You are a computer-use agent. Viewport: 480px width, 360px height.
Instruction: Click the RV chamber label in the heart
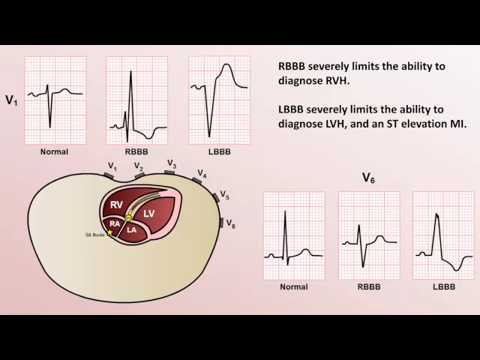click(x=116, y=205)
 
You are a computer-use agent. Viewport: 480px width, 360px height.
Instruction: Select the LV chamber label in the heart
click(x=148, y=214)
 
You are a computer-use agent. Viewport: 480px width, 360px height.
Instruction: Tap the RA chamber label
click(x=114, y=223)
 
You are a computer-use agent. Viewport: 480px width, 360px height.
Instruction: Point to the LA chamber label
click(x=131, y=229)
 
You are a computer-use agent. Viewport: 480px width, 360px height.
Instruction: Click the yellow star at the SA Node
click(x=109, y=232)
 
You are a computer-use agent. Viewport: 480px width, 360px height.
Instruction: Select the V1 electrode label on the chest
click(x=112, y=166)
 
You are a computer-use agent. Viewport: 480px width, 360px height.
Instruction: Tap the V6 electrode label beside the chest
click(x=231, y=225)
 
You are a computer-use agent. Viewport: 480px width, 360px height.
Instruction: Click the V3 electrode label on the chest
click(x=171, y=163)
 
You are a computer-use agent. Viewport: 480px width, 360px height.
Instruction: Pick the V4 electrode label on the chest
click(x=202, y=174)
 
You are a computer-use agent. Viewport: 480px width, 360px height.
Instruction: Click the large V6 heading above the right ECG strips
click(x=368, y=178)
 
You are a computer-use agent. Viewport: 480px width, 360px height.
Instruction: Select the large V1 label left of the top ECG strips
click(x=11, y=99)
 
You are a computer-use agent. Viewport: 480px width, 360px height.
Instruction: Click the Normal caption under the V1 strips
click(x=54, y=151)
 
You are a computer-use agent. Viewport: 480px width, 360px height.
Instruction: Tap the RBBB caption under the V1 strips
click(x=136, y=151)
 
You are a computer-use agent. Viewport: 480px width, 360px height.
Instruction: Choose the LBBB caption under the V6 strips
click(x=443, y=287)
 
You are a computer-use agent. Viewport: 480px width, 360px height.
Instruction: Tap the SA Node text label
click(x=94, y=235)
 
